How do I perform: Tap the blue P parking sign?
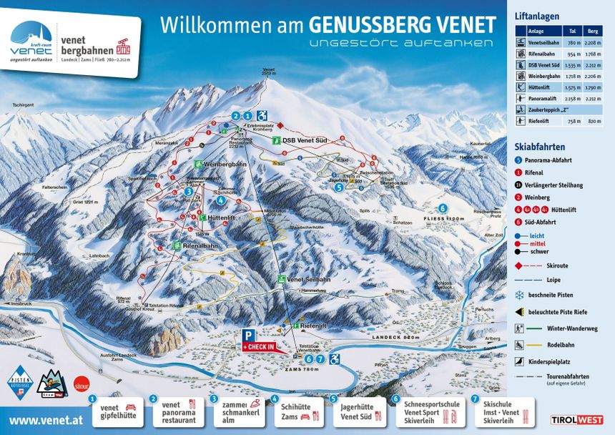pos(247,334)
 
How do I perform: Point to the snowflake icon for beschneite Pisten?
pos(519,295)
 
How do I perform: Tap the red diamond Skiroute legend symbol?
pos(519,265)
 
